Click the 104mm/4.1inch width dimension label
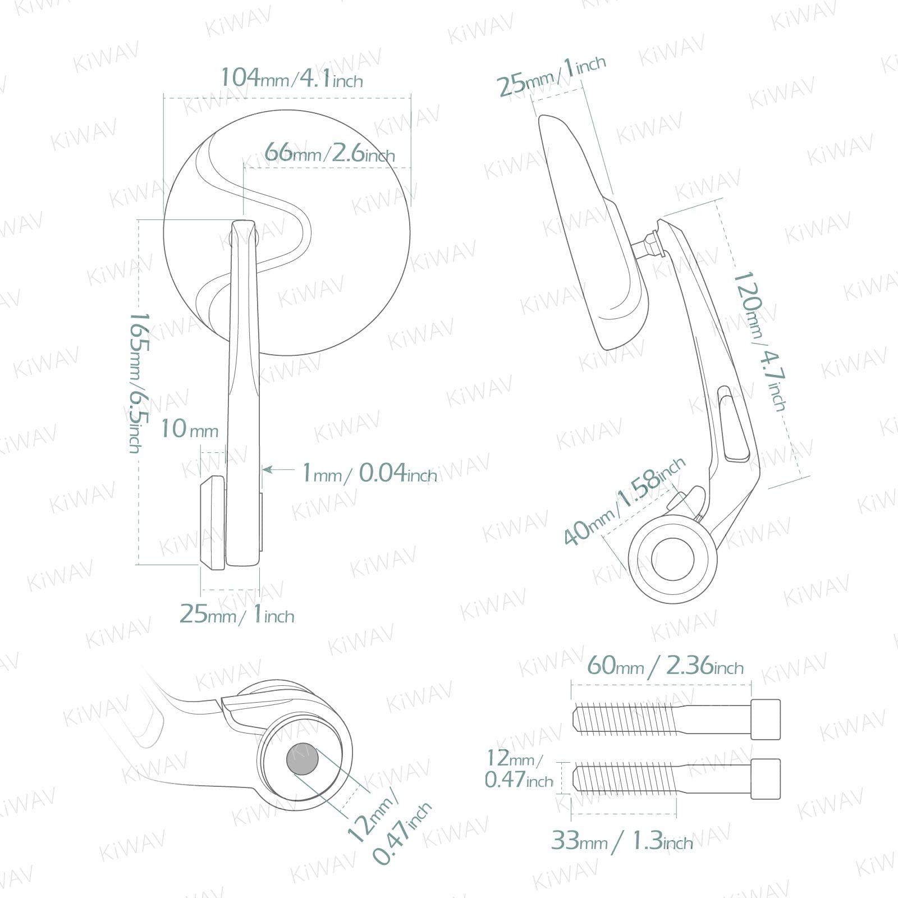pyautogui.click(x=292, y=78)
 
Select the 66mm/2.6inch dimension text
pyautogui.click(x=329, y=152)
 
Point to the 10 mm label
pyautogui.click(x=190, y=429)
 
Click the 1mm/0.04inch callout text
pyautogui.click(x=369, y=473)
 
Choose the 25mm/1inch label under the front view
pyautogui.click(x=237, y=614)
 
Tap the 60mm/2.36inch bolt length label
pyautogui.click(x=665, y=666)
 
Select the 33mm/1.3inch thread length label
pyautogui.click(x=622, y=841)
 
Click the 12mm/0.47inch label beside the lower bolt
pyautogui.click(x=519, y=769)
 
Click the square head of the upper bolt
pyautogui.click(x=766, y=719)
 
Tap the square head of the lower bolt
pyautogui.click(x=766, y=778)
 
